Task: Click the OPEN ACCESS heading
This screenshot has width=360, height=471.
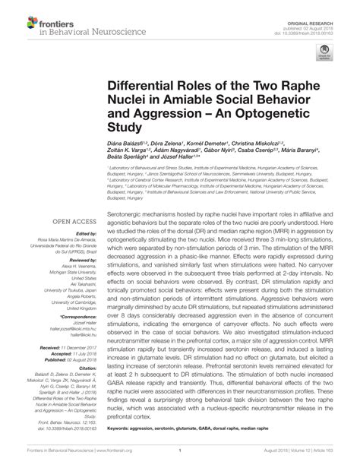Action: (x=68, y=222)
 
